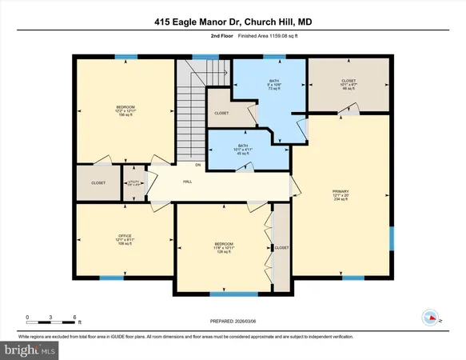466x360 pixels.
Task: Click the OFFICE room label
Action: [124, 239]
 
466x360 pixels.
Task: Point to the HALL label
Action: [187, 182]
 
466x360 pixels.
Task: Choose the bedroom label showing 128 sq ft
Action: [224, 247]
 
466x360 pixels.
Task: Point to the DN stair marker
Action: [186, 165]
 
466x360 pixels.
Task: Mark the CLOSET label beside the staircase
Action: [221, 114]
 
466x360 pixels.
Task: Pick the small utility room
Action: [133, 182]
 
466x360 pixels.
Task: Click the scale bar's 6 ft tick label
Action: [75, 318]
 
